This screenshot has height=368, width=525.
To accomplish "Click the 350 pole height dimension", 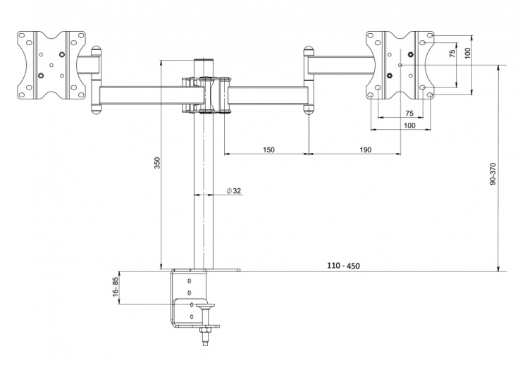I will (x=158, y=162).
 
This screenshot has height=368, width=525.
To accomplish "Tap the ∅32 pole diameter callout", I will (x=234, y=191).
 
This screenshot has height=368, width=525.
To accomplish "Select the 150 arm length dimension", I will (x=268, y=149).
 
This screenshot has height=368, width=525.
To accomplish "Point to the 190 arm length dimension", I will (x=365, y=149).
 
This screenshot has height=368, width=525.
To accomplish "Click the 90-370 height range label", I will (x=493, y=173).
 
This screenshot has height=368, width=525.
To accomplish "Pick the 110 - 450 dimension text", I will (x=343, y=266).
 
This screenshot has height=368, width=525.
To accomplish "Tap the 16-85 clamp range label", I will (x=114, y=286).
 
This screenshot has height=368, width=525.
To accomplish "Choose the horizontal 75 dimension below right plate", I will (x=409, y=114).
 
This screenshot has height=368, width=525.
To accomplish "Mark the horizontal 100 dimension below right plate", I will (x=409, y=125).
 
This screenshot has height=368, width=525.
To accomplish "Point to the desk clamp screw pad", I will (x=208, y=306).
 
